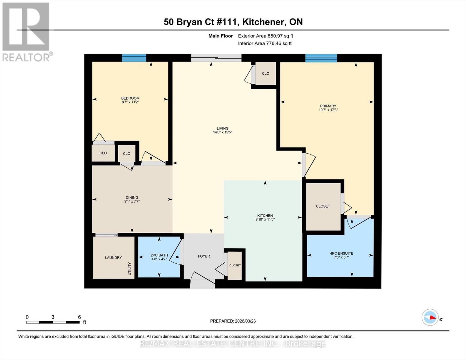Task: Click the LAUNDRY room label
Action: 113,257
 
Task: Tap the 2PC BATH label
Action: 159,255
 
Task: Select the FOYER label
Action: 204,256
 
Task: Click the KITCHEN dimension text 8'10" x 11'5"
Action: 265,219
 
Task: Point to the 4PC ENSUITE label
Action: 341,253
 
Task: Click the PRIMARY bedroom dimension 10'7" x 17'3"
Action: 328,110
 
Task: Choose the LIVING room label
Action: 223,128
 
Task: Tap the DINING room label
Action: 132,197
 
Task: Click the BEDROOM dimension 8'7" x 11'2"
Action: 130,102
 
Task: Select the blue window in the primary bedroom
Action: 321,58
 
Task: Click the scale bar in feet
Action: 53,322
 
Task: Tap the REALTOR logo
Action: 26,31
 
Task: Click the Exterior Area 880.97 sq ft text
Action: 265,36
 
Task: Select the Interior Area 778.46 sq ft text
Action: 265,43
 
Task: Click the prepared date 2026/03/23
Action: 233,321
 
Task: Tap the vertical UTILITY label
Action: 130,268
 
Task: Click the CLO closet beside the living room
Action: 266,73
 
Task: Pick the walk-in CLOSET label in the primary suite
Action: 323,206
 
